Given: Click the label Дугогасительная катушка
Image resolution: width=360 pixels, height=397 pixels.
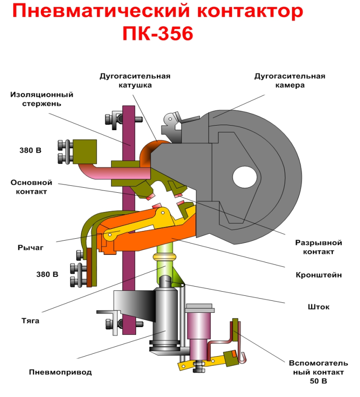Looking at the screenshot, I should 135,81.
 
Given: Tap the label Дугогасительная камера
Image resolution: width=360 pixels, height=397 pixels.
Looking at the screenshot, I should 289,81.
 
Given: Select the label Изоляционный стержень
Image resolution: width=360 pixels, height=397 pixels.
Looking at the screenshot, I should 42,99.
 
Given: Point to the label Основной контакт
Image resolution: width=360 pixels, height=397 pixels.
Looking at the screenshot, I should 29,187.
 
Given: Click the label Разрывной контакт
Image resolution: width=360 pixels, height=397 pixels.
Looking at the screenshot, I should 318,247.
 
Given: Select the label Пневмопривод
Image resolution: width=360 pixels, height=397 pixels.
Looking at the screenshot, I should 60,372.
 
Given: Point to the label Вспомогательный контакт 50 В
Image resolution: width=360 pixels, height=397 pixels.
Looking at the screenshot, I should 317,372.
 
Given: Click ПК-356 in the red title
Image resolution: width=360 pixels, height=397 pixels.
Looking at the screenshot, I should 157,34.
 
